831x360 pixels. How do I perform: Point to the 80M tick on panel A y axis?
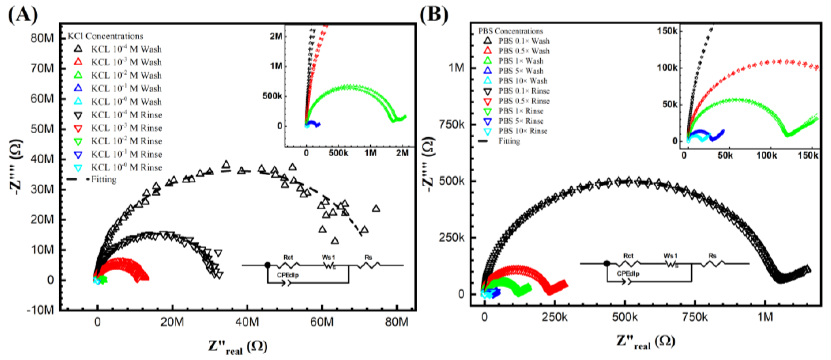point(42,38)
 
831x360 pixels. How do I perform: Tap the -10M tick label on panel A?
point(40,310)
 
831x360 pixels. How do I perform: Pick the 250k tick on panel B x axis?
point(554,317)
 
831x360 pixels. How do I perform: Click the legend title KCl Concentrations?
point(105,36)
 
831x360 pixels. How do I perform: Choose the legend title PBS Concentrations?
point(511,31)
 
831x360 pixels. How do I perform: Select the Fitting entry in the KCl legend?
point(104,179)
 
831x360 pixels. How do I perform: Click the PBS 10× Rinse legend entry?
point(523,131)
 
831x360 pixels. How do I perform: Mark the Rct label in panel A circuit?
point(288,257)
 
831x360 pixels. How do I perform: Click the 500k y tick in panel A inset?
point(272,96)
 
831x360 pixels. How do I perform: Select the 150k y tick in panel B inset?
point(667,31)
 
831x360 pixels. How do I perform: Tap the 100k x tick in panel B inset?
point(766,155)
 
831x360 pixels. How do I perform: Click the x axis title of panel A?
point(238,347)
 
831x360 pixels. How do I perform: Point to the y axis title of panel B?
point(429,164)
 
